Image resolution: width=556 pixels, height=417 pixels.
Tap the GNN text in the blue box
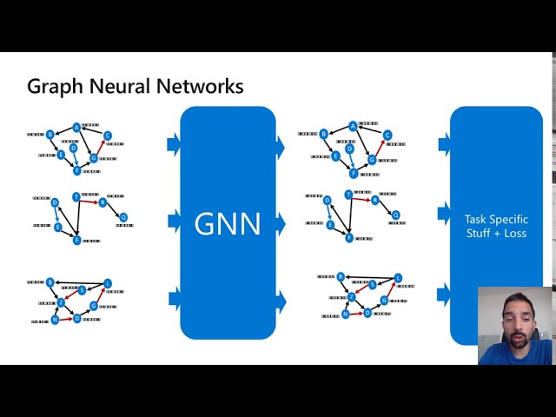pyautogui.click(x=228, y=223)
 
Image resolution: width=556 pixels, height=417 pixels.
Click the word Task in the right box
pyautogui.click(x=480, y=220)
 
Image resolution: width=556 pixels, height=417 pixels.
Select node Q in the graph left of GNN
pyautogui.click(x=123, y=217)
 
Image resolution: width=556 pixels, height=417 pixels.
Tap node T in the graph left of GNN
pyautogui.click(x=76, y=197)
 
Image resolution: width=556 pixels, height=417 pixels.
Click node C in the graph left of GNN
pyautogui.click(x=108, y=136)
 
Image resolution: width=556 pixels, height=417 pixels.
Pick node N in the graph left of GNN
pyautogui.click(x=55, y=320)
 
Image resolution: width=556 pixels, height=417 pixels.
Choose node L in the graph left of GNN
pyautogui.click(x=108, y=283)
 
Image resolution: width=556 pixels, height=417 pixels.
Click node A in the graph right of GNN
pyautogui.click(x=353, y=127)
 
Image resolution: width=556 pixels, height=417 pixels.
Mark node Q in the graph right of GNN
pyautogui.click(x=396, y=215)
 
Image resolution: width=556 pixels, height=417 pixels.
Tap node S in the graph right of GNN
pyautogui.click(x=373, y=285)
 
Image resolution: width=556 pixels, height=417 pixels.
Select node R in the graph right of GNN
pyautogui.click(x=375, y=200)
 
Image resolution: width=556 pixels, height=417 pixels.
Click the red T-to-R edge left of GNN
pyautogui.click(x=89, y=200)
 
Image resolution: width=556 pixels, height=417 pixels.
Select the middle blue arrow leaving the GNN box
pyautogui.click(x=280, y=224)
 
